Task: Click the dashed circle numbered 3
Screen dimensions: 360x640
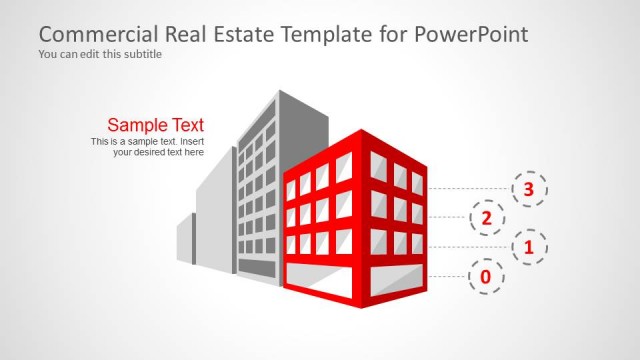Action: click(x=530, y=187)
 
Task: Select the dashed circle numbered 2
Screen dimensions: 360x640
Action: click(x=487, y=217)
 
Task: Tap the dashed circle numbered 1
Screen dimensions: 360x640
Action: click(x=530, y=246)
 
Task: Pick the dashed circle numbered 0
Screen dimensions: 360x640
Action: click(x=486, y=275)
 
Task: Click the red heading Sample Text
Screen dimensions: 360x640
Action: click(x=155, y=125)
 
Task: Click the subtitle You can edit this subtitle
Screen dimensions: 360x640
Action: click(x=100, y=54)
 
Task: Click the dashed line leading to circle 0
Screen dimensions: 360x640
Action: click(x=447, y=275)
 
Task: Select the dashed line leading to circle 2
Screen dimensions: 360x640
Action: click(x=447, y=217)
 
